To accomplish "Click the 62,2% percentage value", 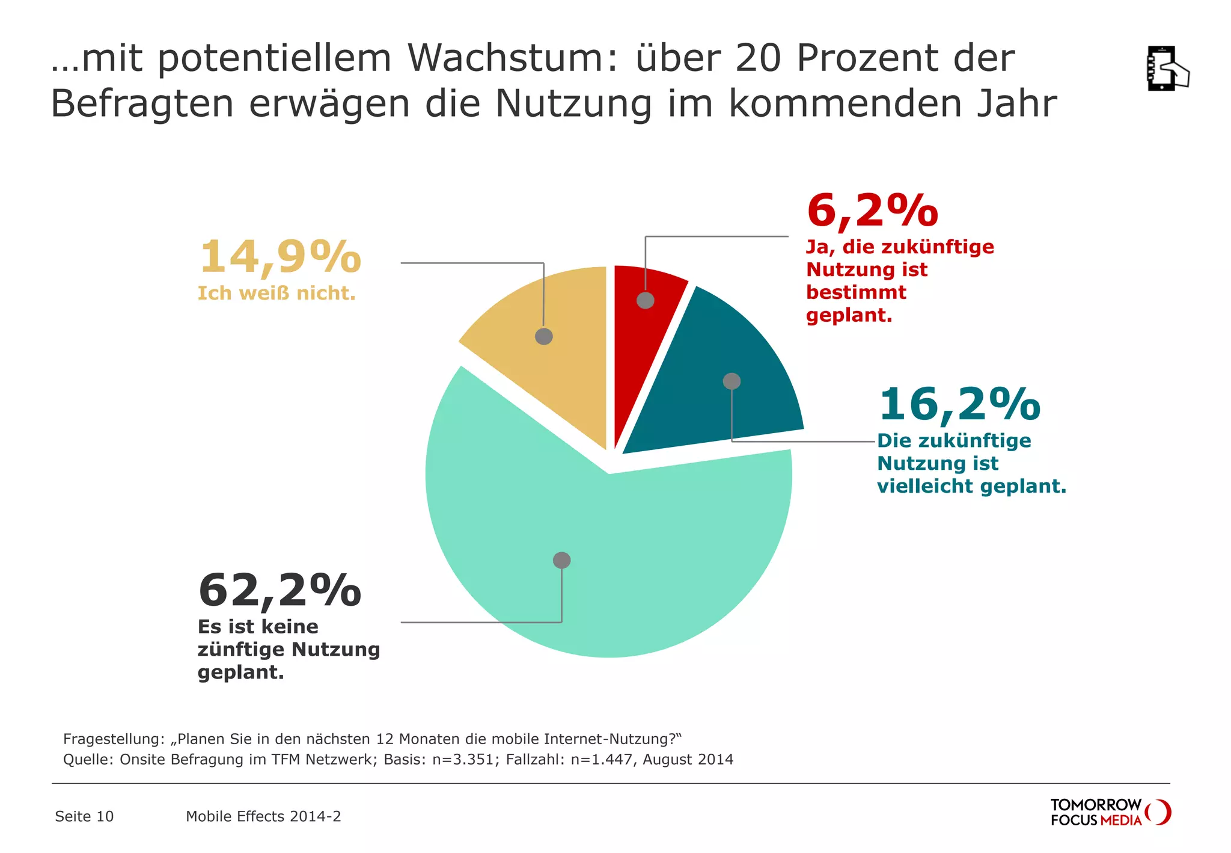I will tap(279, 590).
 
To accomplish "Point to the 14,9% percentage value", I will tap(279, 257).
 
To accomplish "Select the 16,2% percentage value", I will tap(959, 404).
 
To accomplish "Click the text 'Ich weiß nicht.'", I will tap(276, 294).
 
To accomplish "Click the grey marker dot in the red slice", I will tap(646, 300).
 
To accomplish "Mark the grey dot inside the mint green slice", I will tap(561, 560).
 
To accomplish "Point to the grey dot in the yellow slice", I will tap(544, 336).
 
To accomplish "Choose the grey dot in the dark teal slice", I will tap(732, 381).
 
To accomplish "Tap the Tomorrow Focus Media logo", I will tap(1110, 812).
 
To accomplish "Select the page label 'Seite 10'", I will tap(84, 816).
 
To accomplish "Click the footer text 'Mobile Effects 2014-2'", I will tap(263, 816).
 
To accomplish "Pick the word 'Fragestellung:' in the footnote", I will tap(114, 739).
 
